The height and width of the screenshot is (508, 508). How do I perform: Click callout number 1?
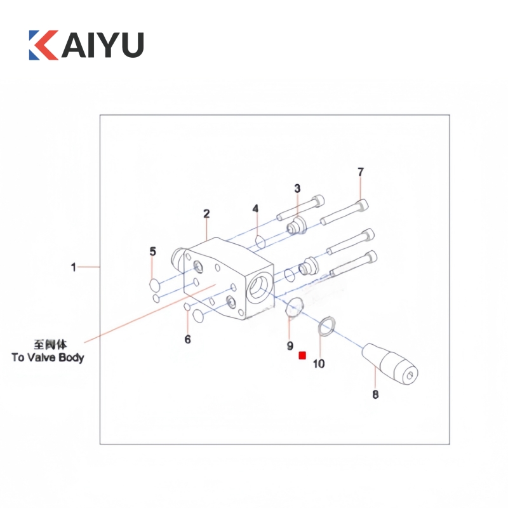click(74, 267)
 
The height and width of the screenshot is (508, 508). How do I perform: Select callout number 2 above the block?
click(206, 213)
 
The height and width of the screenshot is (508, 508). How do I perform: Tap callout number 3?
click(297, 188)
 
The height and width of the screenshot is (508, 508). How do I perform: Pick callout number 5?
click(152, 251)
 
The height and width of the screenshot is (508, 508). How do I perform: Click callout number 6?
click(187, 339)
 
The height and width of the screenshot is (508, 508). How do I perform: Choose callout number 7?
click(361, 171)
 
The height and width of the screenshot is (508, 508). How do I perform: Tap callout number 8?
click(375, 394)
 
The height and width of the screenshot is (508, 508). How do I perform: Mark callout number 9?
click(290, 346)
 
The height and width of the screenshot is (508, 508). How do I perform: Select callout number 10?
click(319, 363)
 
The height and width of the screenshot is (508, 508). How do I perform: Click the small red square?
click(302, 356)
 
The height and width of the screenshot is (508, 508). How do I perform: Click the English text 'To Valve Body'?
click(48, 358)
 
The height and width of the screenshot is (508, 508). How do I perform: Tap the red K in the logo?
click(43, 44)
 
